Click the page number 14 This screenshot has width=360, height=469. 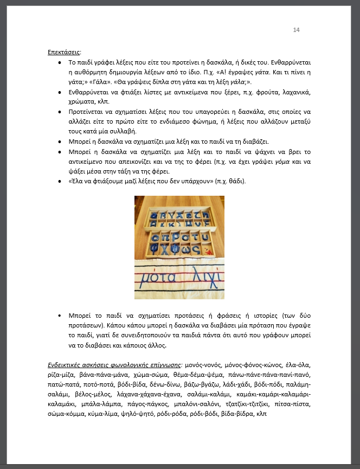point(296,30)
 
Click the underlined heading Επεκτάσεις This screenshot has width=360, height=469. point(64,53)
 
